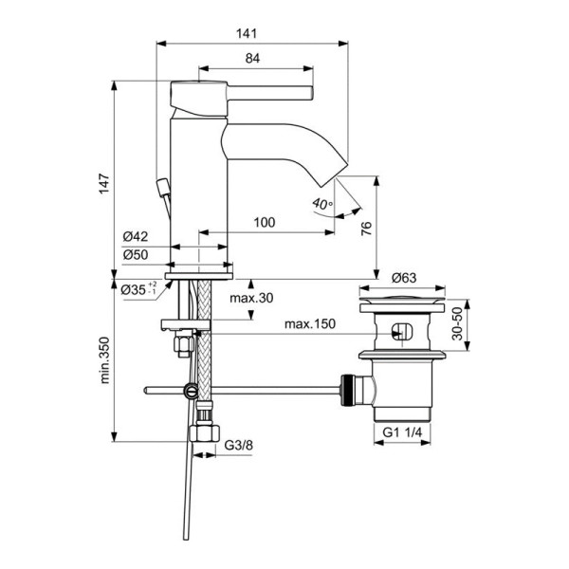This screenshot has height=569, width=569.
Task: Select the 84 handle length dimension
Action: click(253, 59)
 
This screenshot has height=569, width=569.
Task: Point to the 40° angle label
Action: click(321, 203)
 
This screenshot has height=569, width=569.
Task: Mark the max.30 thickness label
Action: click(251, 298)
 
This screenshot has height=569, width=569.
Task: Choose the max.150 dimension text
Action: click(307, 325)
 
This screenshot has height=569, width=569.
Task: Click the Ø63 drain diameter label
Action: click(406, 278)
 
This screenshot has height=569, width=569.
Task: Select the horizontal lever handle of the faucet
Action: click(256, 92)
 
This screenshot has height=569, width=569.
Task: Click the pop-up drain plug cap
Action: click(405, 303)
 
